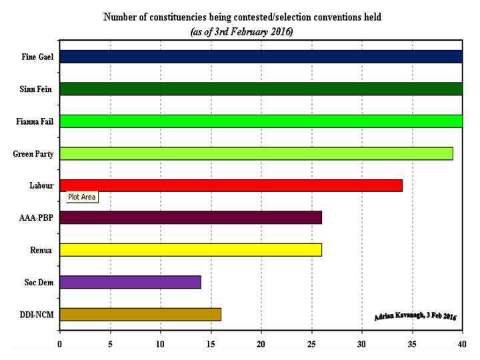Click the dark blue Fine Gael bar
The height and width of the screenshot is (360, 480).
point(260,57)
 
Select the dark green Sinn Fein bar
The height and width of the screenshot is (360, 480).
point(260,89)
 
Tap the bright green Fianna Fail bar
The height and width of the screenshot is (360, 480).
point(260,121)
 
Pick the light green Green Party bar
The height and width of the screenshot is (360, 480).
point(256,153)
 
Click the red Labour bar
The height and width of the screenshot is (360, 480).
point(231,185)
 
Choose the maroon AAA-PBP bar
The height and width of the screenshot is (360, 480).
point(191,217)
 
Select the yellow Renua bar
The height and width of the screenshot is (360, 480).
point(191,250)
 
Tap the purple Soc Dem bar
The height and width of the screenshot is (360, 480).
point(130,282)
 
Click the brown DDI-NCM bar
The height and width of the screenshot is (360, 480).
point(140,314)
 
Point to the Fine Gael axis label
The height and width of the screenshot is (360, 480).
point(37,57)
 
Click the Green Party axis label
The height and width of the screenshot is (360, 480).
point(33,154)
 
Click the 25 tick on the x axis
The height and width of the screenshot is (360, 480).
point(311,344)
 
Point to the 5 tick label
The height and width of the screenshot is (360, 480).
point(110,344)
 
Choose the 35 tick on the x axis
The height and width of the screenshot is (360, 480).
point(412,344)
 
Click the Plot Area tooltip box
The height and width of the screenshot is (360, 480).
point(81,197)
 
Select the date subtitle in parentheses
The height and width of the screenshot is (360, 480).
point(241,31)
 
